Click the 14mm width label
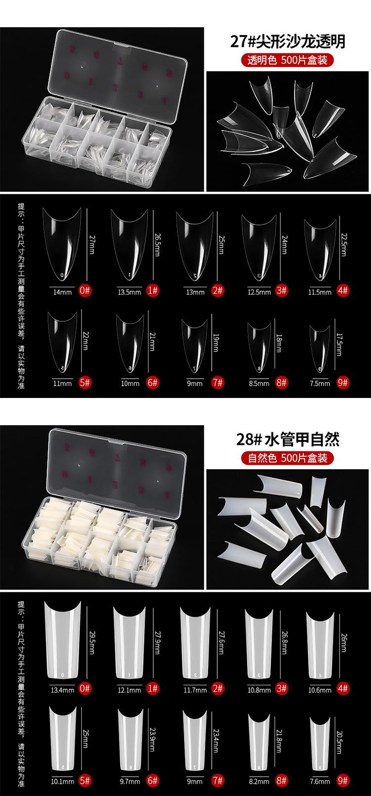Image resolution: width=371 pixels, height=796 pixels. (62, 292)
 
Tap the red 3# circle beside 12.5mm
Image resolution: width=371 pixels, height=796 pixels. (281, 291)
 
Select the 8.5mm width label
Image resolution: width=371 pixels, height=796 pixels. (259, 383)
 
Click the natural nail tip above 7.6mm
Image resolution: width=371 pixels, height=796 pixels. (320, 742)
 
